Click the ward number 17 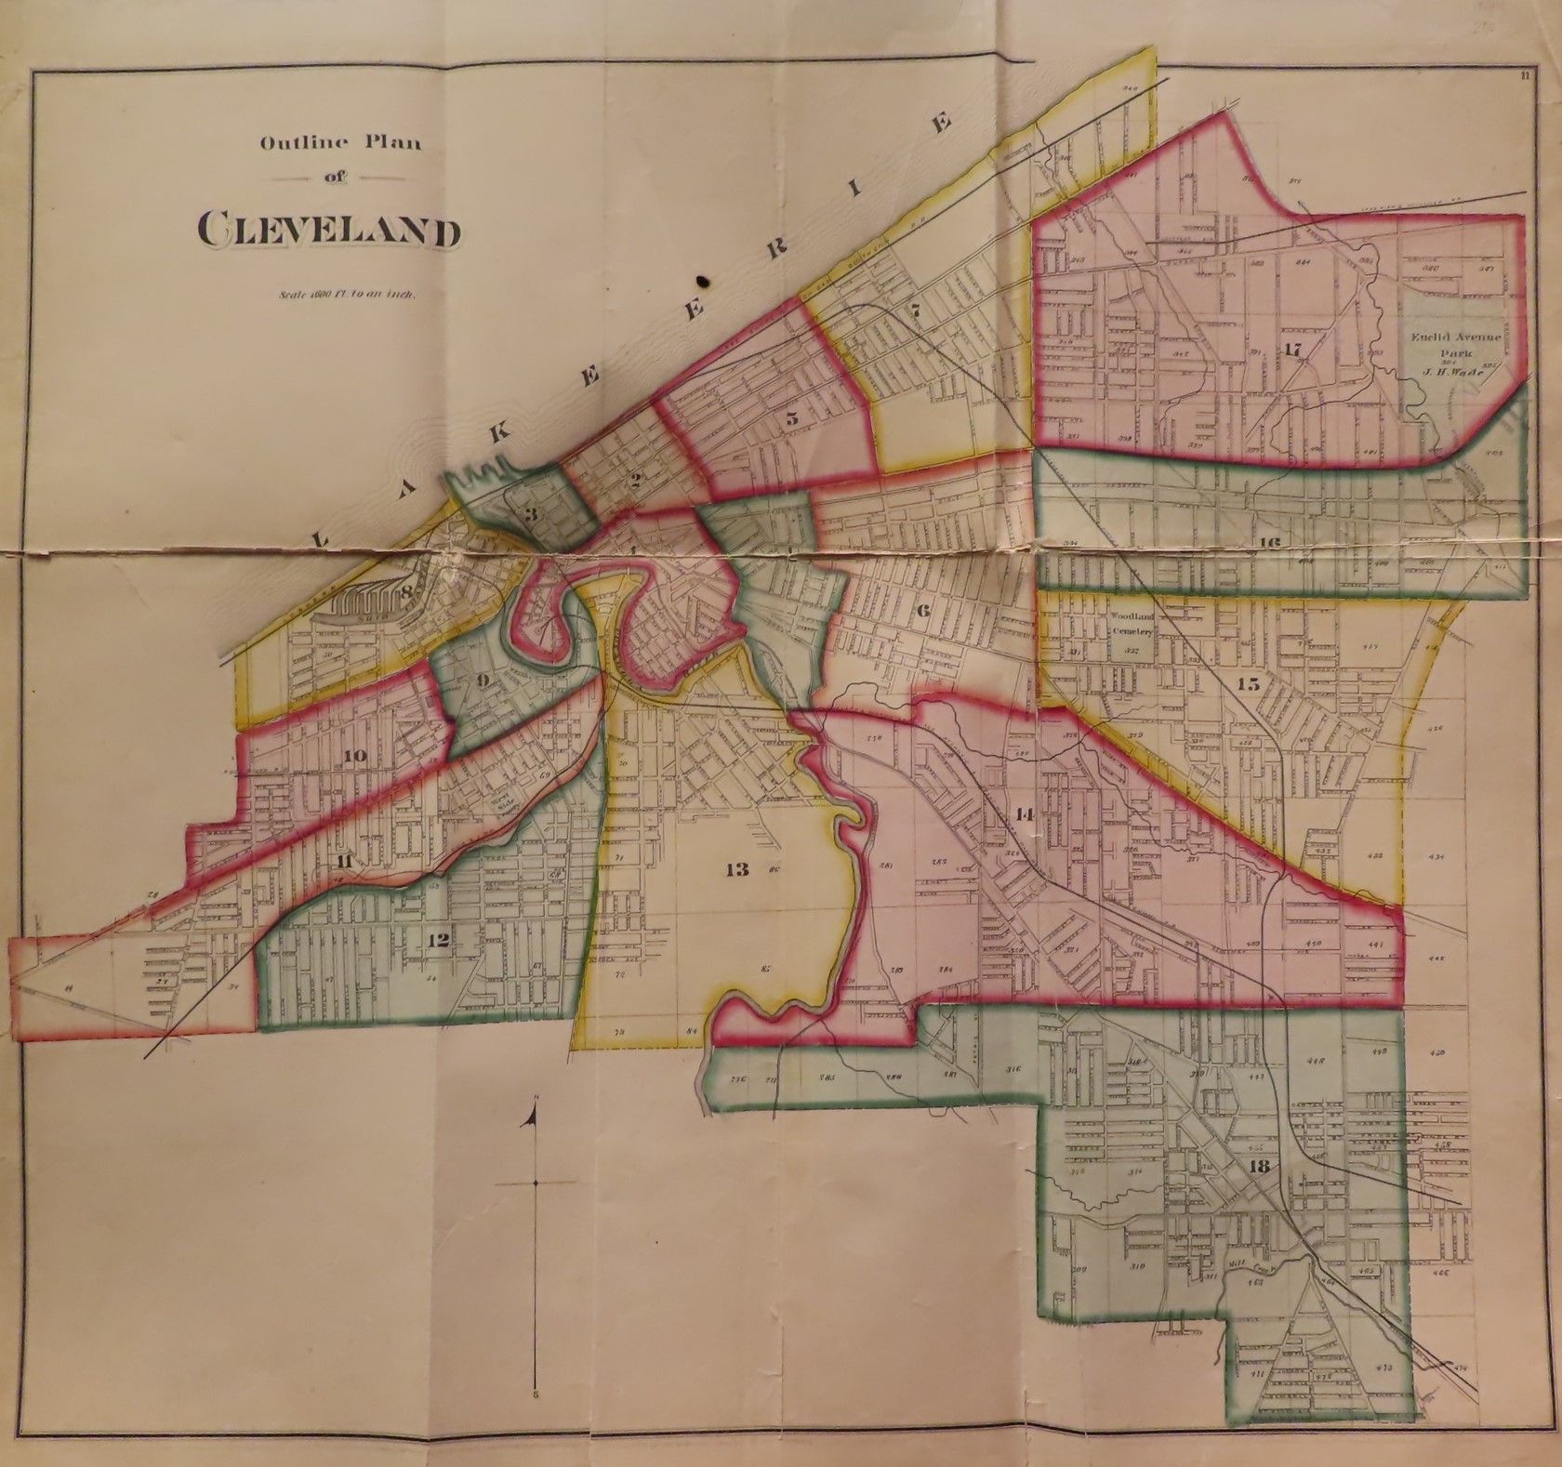[x=1292, y=350]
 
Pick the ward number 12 [x=438, y=941]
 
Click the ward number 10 [x=353, y=756]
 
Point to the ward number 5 [x=791, y=418]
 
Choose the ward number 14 [x=1025, y=814]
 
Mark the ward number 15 [x=1248, y=684]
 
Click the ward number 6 [x=922, y=611]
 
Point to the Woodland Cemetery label [x=1130, y=623]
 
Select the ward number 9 [x=483, y=680]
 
